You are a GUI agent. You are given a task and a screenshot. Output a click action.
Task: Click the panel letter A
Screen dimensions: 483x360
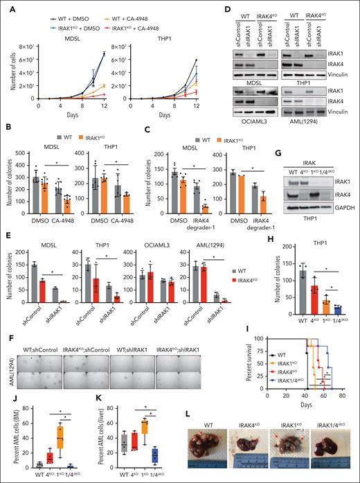pyautogui.click(x=6, y=6)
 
